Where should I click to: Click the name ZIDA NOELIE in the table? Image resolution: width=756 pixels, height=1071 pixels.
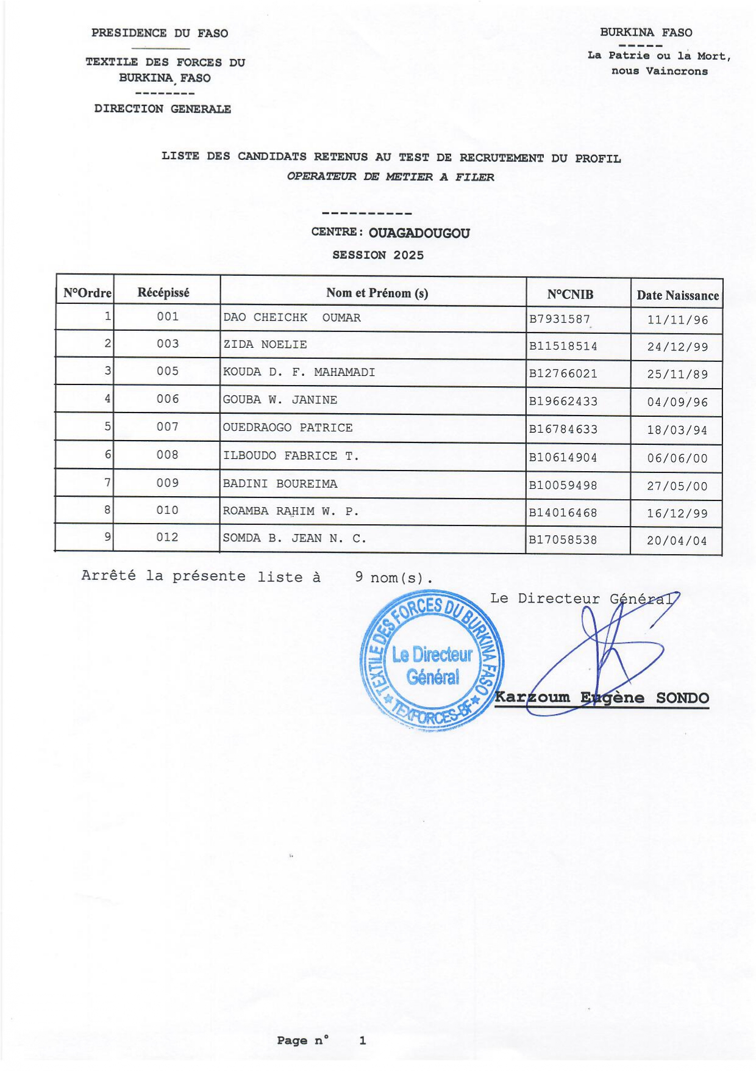click(265, 345)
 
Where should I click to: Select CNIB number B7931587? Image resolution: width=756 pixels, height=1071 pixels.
click(559, 319)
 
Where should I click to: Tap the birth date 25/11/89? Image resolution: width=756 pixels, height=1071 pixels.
click(677, 374)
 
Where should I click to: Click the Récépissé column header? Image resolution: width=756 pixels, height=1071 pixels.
click(163, 293)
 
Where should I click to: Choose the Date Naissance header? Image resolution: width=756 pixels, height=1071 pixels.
click(677, 296)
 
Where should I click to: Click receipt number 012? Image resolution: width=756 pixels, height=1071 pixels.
click(168, 538)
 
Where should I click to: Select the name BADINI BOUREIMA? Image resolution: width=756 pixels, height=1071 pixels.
click(280, 484)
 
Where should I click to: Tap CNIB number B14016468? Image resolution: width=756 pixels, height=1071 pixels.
click(563, 513)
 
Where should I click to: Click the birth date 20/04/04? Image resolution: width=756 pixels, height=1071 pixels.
click(677, 541)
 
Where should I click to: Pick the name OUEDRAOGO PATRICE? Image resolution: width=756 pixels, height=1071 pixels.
click(288, 428)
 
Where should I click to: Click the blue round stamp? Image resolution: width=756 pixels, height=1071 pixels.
click(432, 661)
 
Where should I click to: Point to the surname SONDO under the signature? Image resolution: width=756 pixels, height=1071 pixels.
click(682, 698)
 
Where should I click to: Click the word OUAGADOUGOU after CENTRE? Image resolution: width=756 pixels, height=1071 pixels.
click(419, 233)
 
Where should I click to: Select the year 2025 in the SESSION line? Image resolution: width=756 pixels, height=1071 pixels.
click(408, 255)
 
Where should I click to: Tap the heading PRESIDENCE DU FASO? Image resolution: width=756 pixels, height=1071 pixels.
click(160, 33)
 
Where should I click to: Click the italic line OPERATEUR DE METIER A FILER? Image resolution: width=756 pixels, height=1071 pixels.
click(390, 177)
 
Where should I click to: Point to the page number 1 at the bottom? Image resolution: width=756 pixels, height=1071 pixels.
click(362, 1040)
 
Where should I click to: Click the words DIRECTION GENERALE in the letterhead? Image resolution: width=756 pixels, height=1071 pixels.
click(162, 109)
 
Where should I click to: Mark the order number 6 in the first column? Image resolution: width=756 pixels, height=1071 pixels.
click(108, 455)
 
